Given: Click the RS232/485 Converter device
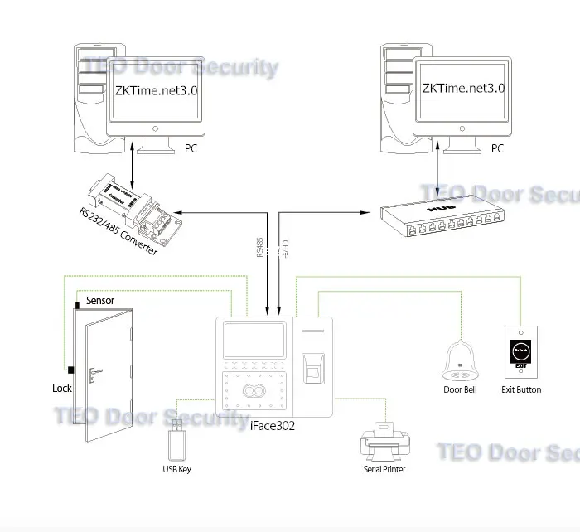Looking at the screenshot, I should tap(133, 203).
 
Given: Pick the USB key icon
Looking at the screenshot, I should tap(176, 440).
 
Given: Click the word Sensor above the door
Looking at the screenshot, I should tap(100, 300).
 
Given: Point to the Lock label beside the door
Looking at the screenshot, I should tap(62, 388).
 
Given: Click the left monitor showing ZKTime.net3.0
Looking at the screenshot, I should tap(155, 91).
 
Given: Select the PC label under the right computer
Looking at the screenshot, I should tap(497, 149).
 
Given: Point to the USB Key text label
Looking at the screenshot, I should tap(176, 470).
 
